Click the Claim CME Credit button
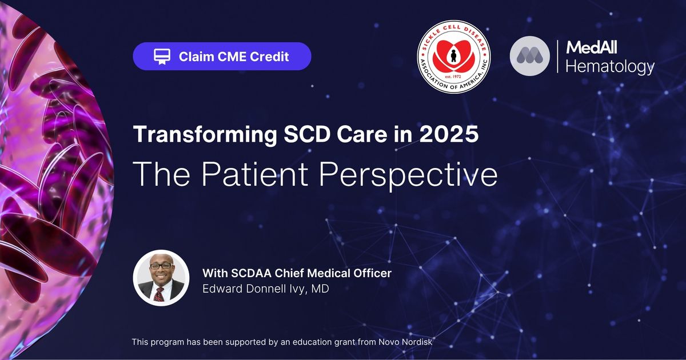pyautogui.click(x=222, y=57)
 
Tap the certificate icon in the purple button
pyautogui.click(x=162, y=57)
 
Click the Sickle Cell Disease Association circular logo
pyautogui.click(x=454, y=57)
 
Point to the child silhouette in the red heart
pyautogui.click(x=453, y=55)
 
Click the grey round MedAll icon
pyautogui.click(x=530, y=56)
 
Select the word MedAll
pyautogui.click(x=592, y=47)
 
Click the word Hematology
pyautogui.click(x=610, y=67)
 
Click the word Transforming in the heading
pyautogui.click(x=205, y=134)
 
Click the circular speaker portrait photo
pyautogui.click(x=161, y=278)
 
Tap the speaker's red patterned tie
pyautogui.click(x=159, y=294)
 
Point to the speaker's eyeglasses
pyautogui.click(x=161, y=266)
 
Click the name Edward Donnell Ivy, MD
pyautogui.click(x=266, y=289)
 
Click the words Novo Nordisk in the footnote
pyautogui.click(x=405, y=342)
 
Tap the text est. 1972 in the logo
pyautogui.click(x=453, y=77)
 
